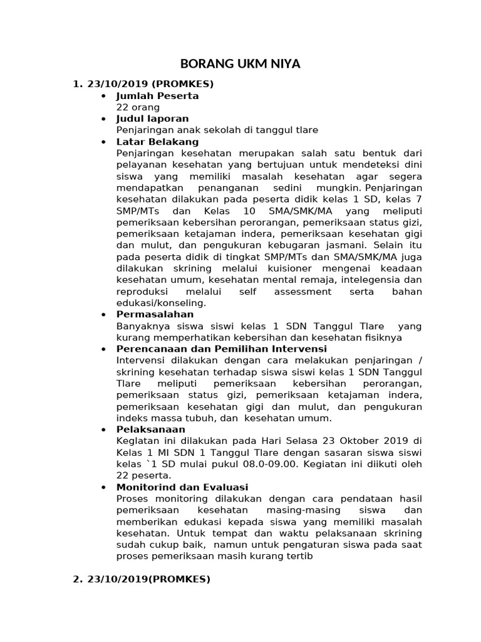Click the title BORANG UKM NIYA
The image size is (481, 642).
[240, 63]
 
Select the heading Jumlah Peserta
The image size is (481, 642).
[157, 96]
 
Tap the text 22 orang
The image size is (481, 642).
[138, 107]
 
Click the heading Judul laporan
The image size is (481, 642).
[152, 118]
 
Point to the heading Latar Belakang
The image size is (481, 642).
[157, 142]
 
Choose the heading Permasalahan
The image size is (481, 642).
[155, 314]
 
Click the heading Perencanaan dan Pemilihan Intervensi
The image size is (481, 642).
[221, 349]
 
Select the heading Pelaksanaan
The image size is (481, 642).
[150, 429]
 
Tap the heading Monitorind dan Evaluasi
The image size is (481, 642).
[182, 487]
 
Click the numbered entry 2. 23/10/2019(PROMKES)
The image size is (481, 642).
[142, 579]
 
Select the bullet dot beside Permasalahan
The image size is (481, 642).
[103, 315]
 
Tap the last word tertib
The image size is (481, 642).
[296, 555]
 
